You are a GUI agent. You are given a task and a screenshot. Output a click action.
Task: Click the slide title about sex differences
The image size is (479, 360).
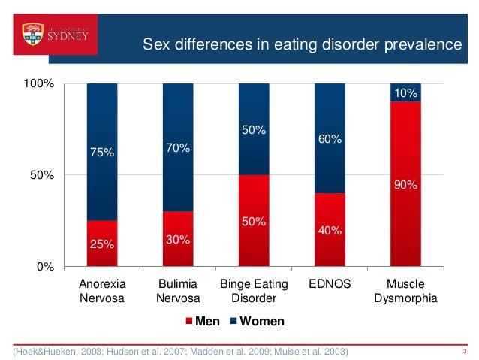pyautogui.click(x=302, y=47)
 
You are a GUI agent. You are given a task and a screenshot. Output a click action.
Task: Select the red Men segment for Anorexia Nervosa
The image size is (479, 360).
pyautogui.click(x=101, y=244)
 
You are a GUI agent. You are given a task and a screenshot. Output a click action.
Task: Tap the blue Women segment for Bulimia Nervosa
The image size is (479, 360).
pyautogui.click(x=177, y=147)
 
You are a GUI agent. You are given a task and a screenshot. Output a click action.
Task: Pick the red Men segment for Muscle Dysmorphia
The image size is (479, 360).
pyautogui.click(x=405, y=184)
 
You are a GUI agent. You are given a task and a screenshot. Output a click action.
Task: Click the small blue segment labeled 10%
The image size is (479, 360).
pyautogui.click(x=405, y=92)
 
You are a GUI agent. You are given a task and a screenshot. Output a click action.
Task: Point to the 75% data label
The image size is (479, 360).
pyautogui.click(x=101, y=153)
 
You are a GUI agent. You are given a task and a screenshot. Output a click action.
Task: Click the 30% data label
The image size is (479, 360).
pyautogui.click(x=178, y=240)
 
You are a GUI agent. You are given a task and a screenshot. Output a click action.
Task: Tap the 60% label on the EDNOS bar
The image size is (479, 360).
pyautogui.click(x=330, y=139)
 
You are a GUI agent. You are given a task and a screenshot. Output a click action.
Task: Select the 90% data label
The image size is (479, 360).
pyautogui.click(x=405, y=184)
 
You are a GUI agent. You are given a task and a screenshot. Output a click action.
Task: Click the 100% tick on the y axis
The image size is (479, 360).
pyautogui.click(x=38, y=83)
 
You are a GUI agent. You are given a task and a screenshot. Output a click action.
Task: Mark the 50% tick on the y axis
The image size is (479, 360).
pyautogui.click(x=41, y=175)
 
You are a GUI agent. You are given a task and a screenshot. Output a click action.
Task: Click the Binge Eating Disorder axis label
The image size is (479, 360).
pyautogui.click(x=253, y=291)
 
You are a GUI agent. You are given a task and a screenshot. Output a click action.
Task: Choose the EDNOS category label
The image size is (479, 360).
pyautogui.click(x=329, y=284)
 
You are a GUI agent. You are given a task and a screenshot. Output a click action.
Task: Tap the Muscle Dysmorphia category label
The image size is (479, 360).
pyautogui.click(x=405, y=291)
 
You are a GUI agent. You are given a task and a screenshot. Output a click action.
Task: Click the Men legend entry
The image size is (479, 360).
pyautogui.click(x=203, y=322)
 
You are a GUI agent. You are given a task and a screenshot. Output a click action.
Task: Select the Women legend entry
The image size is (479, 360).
pyautogui.click(x=257, y=322)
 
